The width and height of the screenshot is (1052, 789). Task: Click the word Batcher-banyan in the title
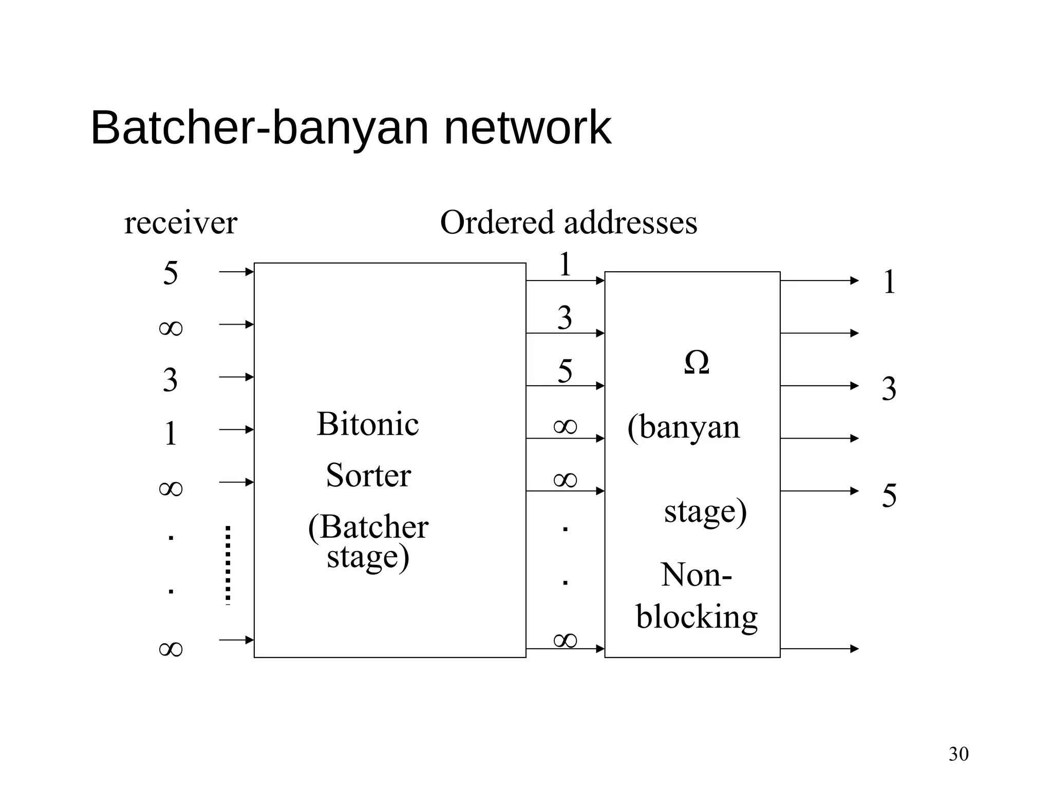[259, 128]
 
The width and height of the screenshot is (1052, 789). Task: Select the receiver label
[180, 223]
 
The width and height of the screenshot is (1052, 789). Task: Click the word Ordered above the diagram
[498, 223]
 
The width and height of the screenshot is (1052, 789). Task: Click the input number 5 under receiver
[171, 273]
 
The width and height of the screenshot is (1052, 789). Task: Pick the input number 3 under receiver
[171, 380]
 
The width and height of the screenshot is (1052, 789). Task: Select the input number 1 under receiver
[171, 434]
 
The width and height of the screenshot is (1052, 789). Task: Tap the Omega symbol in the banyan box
[697, 363]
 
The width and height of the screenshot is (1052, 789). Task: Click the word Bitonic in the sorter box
[368, 424]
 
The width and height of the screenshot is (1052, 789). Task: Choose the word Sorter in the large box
[368, 476]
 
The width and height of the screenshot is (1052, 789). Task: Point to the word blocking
[697, 616]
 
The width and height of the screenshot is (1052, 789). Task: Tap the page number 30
[958, 754]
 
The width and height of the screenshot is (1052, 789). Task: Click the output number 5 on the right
[889, 496]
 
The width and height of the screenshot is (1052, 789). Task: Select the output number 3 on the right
[889, 389]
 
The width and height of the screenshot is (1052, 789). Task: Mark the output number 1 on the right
[889, 283]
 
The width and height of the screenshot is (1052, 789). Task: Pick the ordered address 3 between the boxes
[565, 318]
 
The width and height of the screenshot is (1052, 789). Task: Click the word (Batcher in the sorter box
[368, 527]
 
